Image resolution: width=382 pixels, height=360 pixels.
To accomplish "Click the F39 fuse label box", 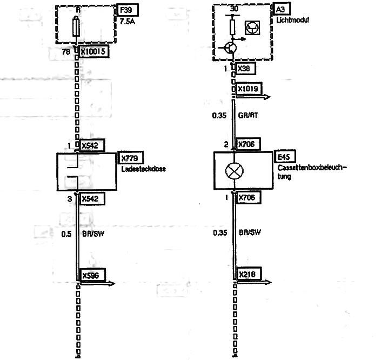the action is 128,10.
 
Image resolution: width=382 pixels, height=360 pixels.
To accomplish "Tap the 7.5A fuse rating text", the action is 128,22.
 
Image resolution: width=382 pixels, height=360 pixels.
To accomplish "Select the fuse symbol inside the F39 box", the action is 76,27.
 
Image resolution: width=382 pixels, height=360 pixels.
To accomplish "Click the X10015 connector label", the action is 94,52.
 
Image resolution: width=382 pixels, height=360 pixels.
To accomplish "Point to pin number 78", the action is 66,52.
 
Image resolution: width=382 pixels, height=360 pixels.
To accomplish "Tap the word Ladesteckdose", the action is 144,169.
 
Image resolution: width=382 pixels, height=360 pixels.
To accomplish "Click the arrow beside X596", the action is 97,283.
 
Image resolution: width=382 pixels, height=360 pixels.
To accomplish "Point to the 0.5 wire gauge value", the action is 66,234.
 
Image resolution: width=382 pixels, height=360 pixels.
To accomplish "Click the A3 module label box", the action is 280,10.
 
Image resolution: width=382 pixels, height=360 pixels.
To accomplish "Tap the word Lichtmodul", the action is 293,20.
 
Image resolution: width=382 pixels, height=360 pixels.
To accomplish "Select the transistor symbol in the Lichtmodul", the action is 230,48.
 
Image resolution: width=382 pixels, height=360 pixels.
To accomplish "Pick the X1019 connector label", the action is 248,89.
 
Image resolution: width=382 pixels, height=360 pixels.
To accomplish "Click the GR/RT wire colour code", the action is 248,115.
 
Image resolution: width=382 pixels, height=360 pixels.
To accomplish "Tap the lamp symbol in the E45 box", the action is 234,171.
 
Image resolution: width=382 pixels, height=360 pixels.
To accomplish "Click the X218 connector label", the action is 247,275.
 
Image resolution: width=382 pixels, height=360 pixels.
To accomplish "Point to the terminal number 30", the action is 234,9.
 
